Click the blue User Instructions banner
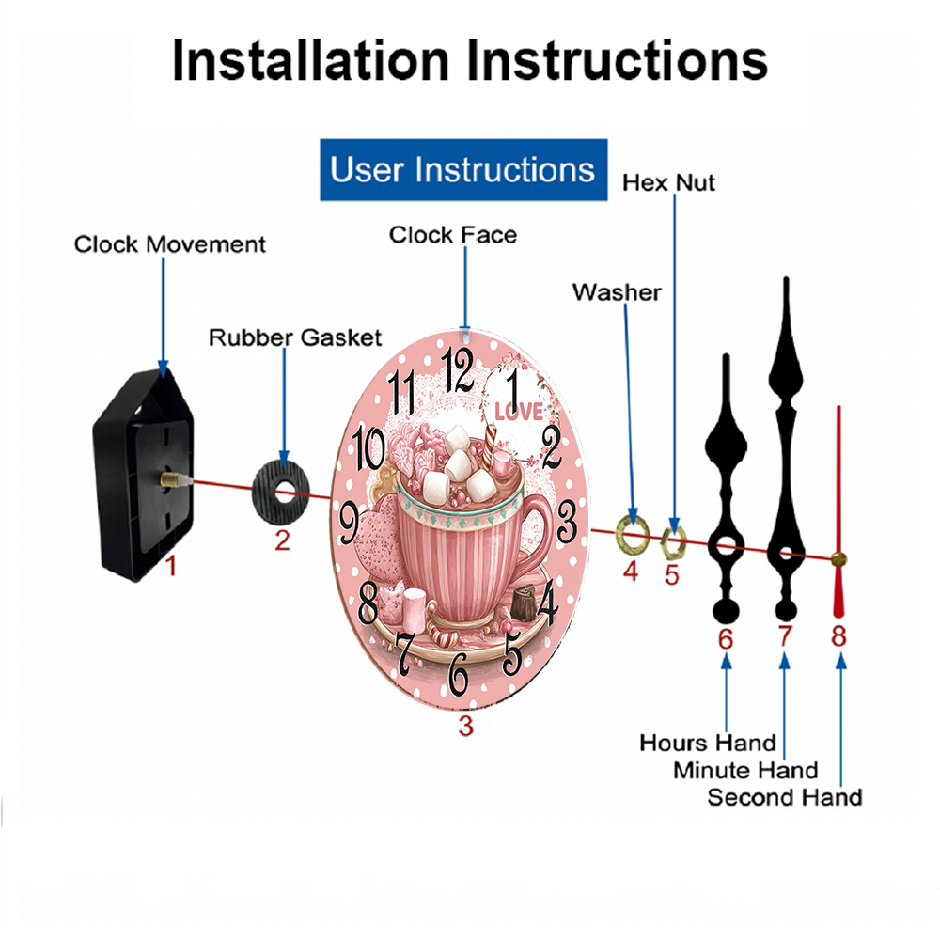point(463,169)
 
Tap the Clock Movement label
point(169,244)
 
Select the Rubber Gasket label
point(295,337)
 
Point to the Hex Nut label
point(668,183)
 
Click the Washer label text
point(617,292)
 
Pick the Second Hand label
point(785,797)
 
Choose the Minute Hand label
point(745,771)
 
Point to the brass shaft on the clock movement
point(175,478)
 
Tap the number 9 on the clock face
point(350,523)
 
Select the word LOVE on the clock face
point(519,412)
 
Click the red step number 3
point(466,726)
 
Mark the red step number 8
point(838,635)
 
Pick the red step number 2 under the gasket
point(282,540)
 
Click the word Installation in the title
point(310,60)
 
